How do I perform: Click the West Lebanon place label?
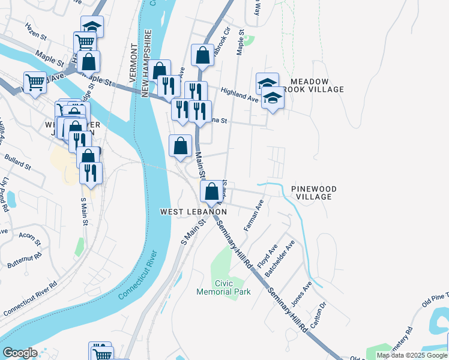pos(193,212)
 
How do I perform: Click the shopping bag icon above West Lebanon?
pos(211,192)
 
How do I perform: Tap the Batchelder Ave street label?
pos(280,259)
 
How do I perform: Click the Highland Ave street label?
pos(239,95)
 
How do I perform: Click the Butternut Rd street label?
pos(25,259)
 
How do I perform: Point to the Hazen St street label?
pos(36,32)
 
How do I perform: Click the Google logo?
pos(20,353)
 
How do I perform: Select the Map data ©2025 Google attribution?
pos(411,355)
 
